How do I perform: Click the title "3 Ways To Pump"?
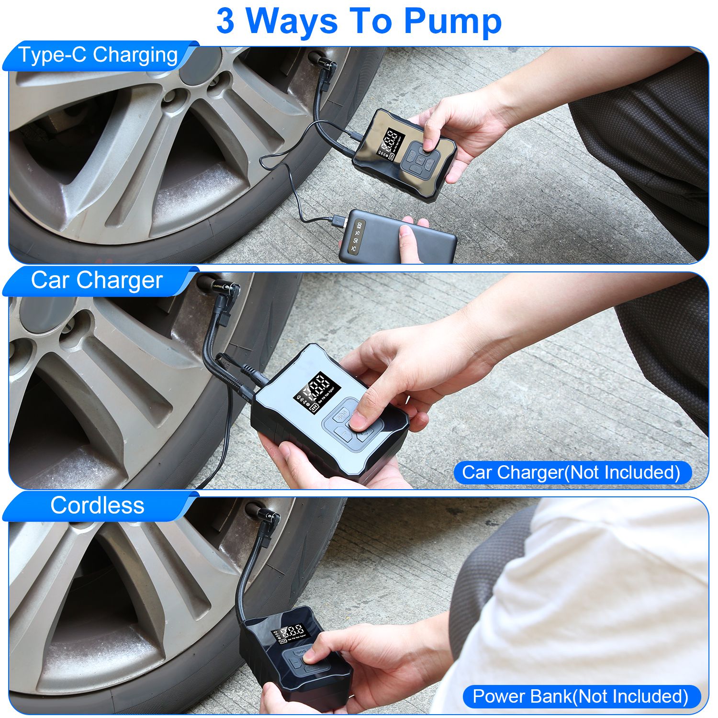(x=359, y=22)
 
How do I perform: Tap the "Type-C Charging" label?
(x=98, y=55)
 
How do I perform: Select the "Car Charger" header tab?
(x=97, y=280)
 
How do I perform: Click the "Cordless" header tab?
(x=97, y=505)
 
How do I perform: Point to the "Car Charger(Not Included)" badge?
(x=571, y=472)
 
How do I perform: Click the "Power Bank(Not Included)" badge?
(x=580, y=696)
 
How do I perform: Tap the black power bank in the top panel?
(x=397, y=237)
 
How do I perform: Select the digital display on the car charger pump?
(x=317, y=387)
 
